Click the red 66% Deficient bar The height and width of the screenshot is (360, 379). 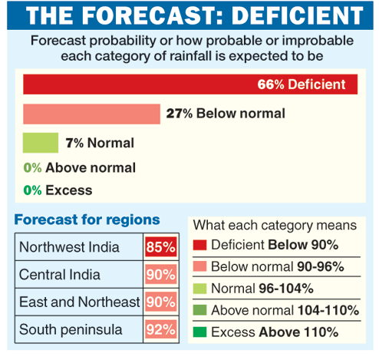pos(189,84)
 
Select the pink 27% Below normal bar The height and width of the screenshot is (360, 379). pos(91,114)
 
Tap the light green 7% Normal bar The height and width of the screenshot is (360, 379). pos(41,143)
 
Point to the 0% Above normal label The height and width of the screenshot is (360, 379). pos(79,167)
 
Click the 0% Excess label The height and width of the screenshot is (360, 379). pos(58,190)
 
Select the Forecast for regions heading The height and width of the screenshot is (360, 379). pos(87,220)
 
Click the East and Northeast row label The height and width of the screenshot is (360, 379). pos(80,302)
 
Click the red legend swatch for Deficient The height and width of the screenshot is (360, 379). pos(199,246)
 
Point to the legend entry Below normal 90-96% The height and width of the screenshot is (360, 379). pos(276,267)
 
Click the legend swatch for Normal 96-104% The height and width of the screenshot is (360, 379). pos(199,289)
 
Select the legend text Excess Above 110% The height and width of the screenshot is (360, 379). pos(274,332)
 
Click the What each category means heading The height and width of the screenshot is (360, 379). pos(275,225)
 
